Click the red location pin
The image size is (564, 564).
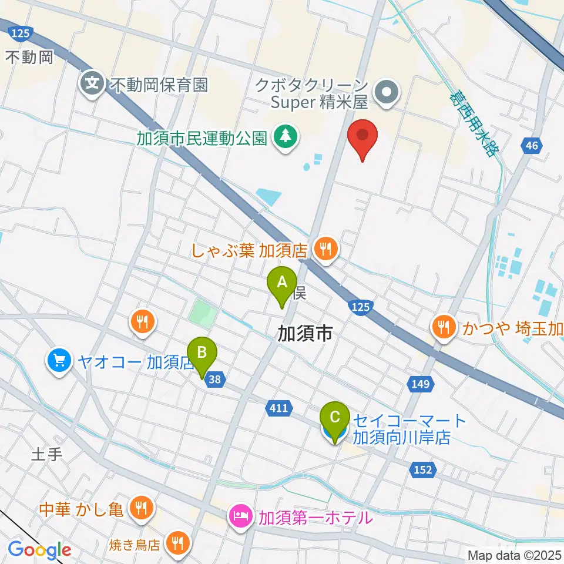(x=362, y=137)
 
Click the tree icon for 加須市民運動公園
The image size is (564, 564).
(x=286, y=138)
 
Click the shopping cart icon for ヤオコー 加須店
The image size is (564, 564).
(x=59, y=359)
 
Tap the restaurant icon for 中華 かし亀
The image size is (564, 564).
(x=140, y=506)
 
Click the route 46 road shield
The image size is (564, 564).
(x=531, y=146)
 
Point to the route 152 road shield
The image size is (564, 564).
(x=424, y=470)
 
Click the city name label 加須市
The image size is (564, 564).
(x=305, y=334)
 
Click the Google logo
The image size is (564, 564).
(x=39, y=550)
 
